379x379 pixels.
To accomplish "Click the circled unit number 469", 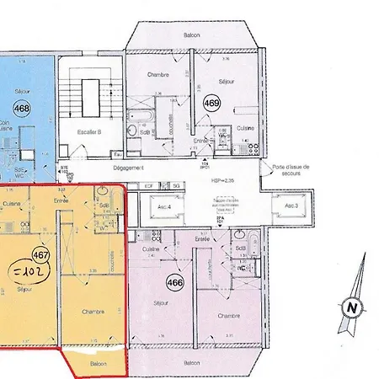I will pyautogui.click(x=212, y=104).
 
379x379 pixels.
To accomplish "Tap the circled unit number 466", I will pyautogui.click(x=175, y=282).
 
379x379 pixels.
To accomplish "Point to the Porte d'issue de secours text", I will pyautogui.click(x=291, y=170).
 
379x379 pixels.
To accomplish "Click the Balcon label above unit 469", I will pyautogui.click(x=193, y=35).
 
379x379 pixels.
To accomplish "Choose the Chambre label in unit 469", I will pyautogui.click(x=157, y=74).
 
